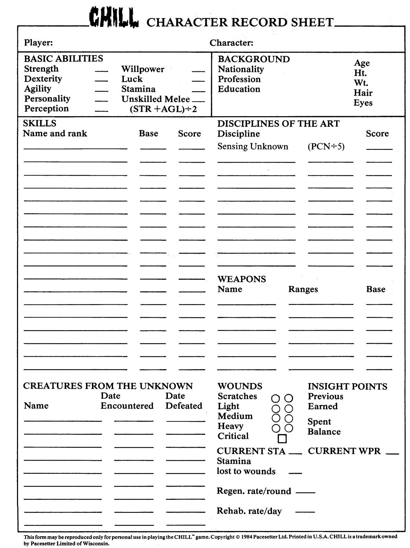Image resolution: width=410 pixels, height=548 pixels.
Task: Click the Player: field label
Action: click(38, 43)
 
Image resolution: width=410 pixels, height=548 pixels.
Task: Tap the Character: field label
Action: click(231, 43)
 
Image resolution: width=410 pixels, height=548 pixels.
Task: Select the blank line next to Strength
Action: click(101, 71)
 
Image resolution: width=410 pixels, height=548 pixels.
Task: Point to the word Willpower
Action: click(143, 69)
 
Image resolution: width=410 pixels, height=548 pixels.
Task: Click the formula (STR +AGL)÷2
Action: click(163, 109)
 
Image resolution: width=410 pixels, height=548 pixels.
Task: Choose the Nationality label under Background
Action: click(241, 69)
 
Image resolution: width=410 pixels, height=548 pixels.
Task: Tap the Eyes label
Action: click(363, 103)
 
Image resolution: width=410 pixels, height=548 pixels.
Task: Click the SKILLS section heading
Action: click(40, 123)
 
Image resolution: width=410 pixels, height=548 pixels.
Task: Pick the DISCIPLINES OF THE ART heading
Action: click(278, 124)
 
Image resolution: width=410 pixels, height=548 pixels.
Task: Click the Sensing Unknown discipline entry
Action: click(253, 147)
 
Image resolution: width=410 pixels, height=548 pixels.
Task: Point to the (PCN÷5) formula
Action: click(326, 147)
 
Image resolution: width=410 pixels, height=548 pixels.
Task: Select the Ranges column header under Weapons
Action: click(303, 289)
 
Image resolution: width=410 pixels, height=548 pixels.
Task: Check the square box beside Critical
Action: click(282, 439)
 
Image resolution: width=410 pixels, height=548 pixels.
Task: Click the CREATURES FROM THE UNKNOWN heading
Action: click(108, 386)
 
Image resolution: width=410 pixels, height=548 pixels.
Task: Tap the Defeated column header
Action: click(183, 406)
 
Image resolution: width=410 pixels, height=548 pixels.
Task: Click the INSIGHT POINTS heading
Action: click(347, 386)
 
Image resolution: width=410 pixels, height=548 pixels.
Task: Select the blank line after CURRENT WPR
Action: click(392, 454)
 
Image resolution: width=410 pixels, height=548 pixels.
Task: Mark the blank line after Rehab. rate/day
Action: click(305, 512)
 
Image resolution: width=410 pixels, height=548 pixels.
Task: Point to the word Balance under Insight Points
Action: click(324, 432)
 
